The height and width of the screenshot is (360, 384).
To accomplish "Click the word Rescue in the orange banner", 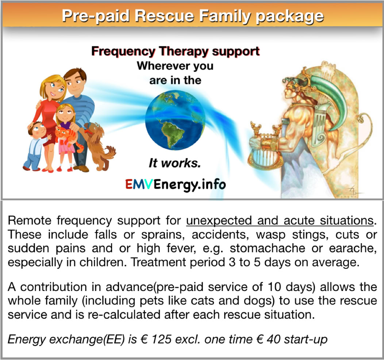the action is (x=164, y=16).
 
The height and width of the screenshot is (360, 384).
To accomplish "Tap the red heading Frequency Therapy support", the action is (x=175, y=51).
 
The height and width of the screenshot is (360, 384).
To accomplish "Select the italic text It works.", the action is (x=175, y=163).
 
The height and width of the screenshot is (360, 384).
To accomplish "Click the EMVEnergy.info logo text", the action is (x=175, y=184).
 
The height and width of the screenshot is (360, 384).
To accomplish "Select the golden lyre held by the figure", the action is (x=265, y=147).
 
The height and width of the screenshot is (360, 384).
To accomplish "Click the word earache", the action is (x=352, y=248).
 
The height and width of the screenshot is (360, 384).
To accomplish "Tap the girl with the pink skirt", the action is (x=66, y=137).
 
